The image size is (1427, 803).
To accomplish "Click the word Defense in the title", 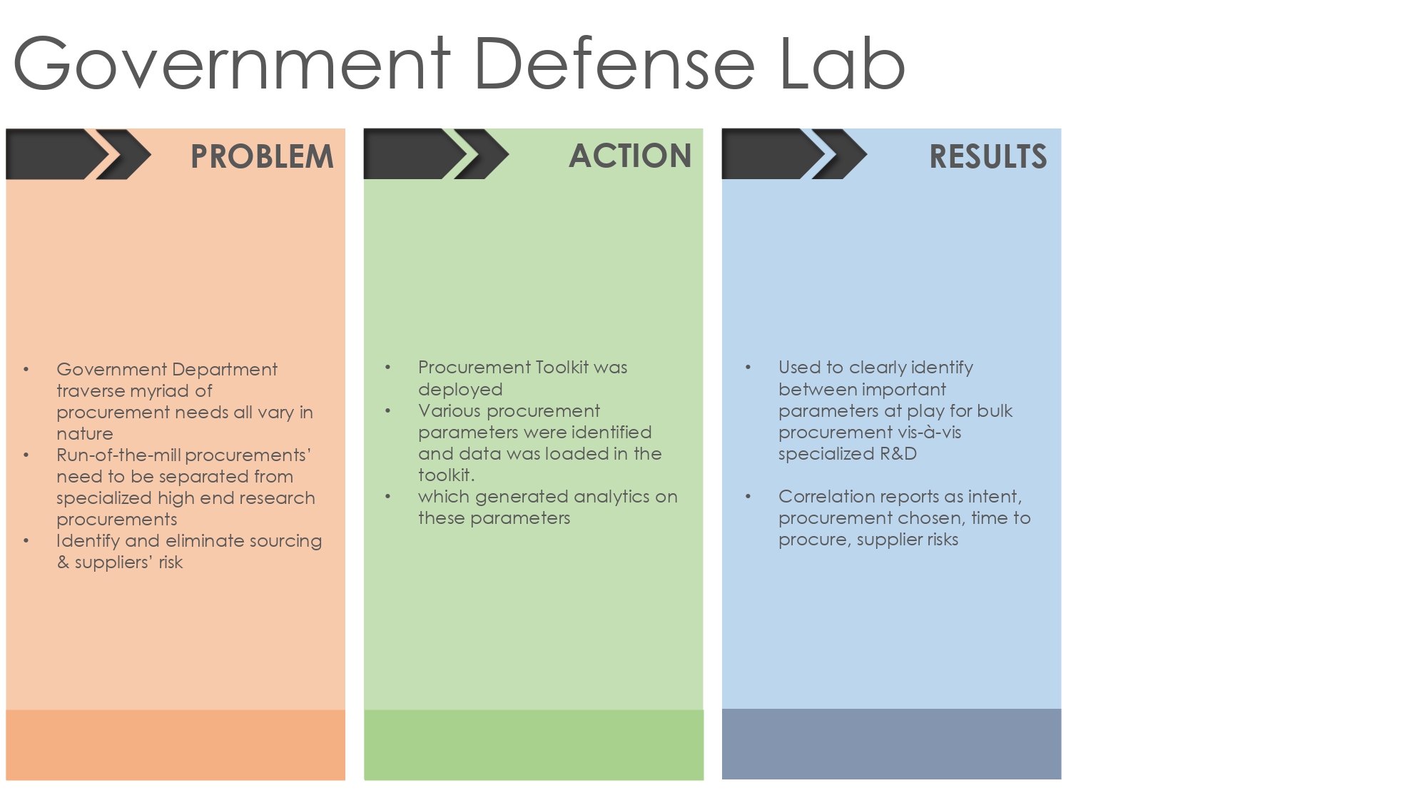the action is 614,64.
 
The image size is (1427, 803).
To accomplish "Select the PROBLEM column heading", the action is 262,156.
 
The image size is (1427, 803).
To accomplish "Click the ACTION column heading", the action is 630,156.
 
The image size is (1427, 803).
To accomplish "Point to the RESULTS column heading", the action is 988,156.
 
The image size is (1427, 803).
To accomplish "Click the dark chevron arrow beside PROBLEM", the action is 78,153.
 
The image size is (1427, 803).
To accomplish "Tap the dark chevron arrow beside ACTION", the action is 436,153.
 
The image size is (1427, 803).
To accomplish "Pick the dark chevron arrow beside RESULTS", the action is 794,153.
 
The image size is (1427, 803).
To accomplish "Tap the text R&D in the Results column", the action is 898,454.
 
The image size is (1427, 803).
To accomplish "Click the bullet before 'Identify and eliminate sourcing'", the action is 26,541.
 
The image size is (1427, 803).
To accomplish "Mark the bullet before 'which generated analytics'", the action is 388,497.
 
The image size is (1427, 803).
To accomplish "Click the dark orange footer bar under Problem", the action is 176,744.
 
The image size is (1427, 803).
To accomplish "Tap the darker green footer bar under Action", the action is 534,744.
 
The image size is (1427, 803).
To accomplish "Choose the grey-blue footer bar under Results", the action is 892,744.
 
